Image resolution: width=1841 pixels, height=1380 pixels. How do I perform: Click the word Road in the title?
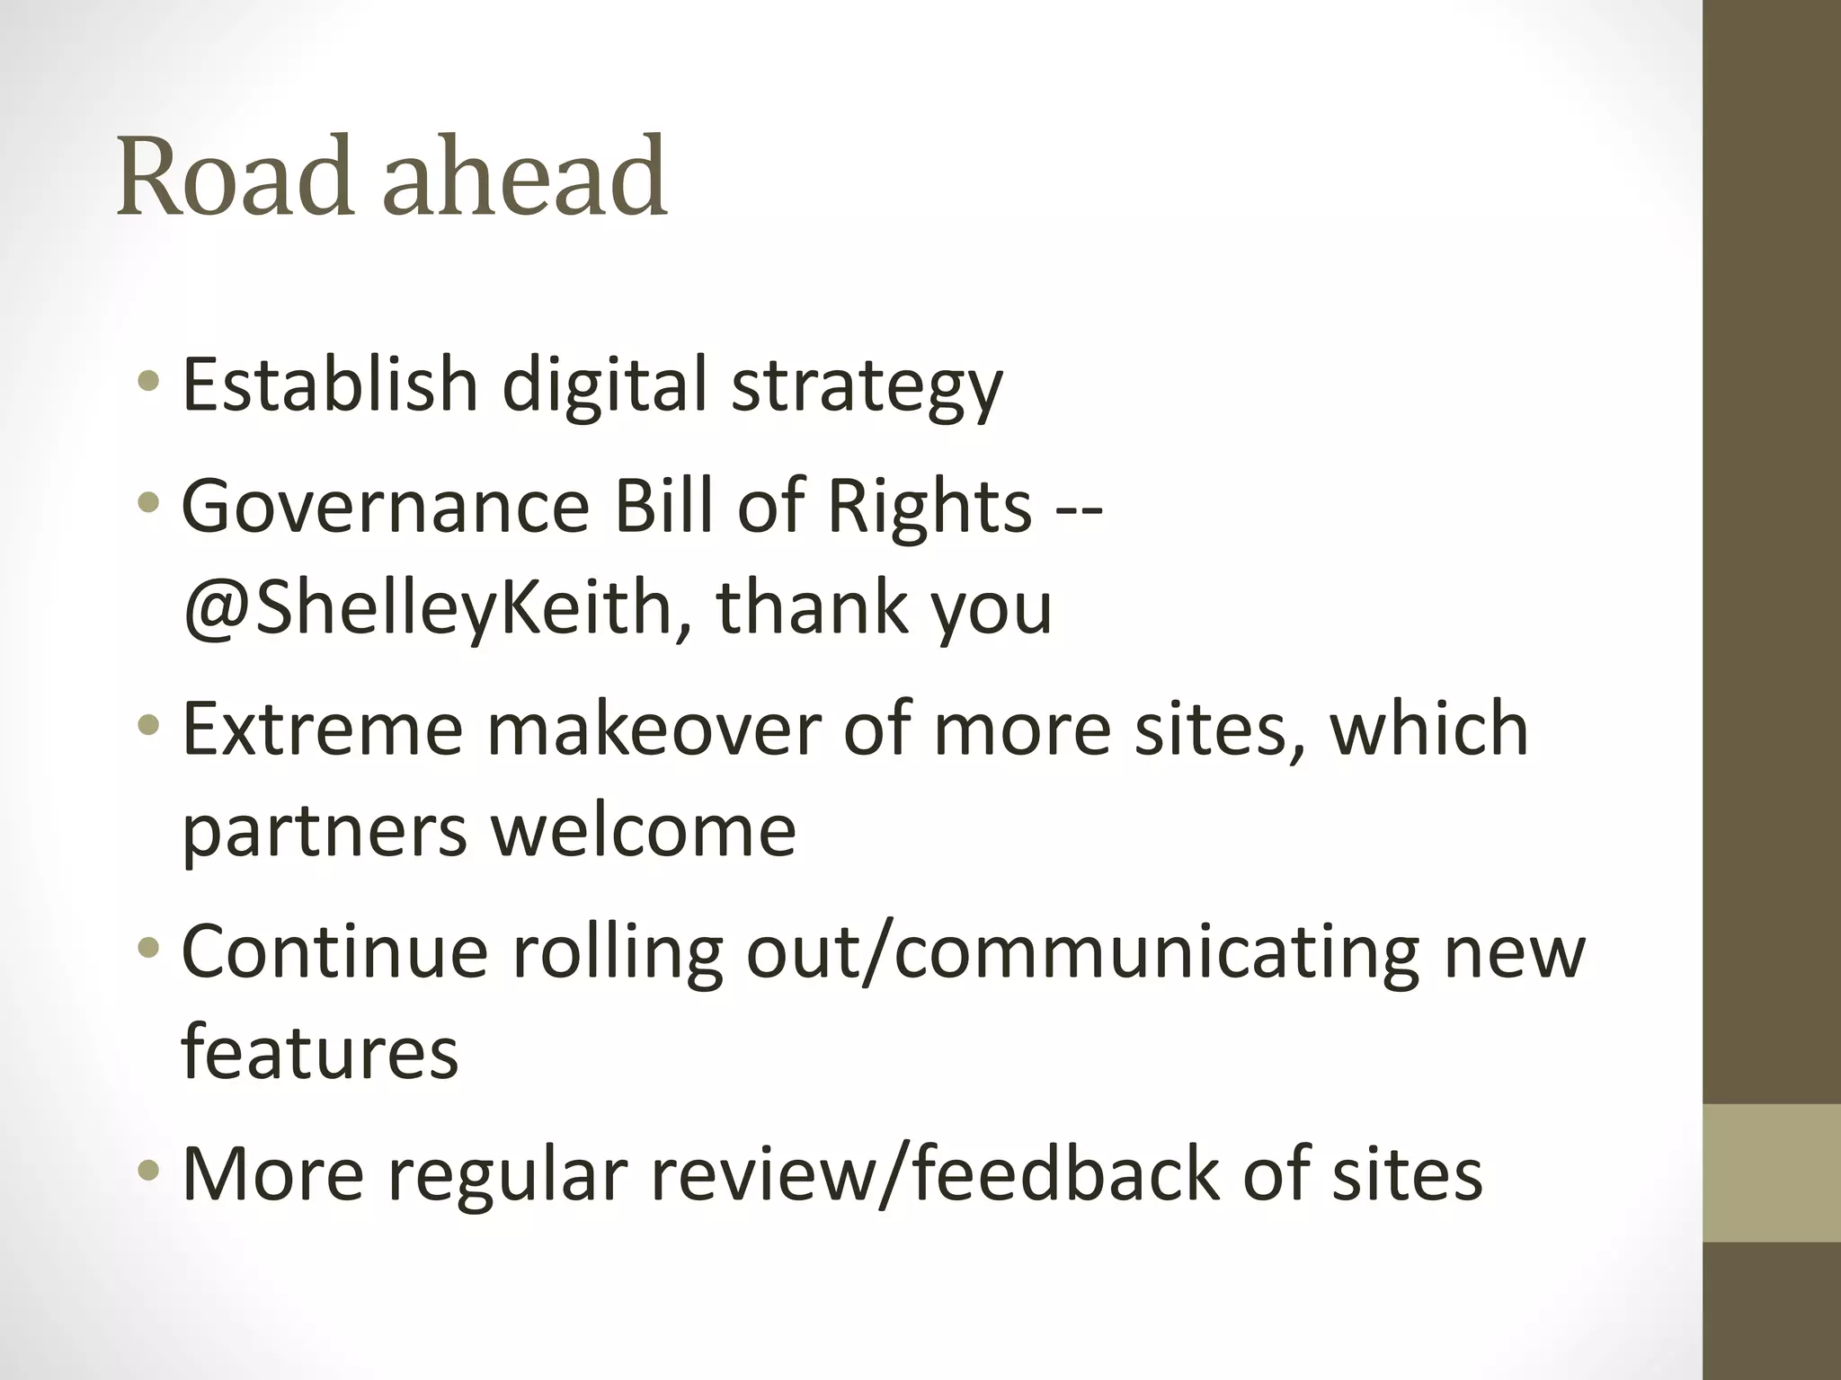coord(235,176)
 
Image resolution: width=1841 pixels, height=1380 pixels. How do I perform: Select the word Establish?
coord(330,384)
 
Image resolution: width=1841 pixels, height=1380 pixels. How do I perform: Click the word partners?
coord(325,832)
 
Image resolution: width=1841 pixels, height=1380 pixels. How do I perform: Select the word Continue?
coord(334,951)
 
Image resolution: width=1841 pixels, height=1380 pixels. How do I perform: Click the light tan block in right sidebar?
coord(1771,1173)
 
